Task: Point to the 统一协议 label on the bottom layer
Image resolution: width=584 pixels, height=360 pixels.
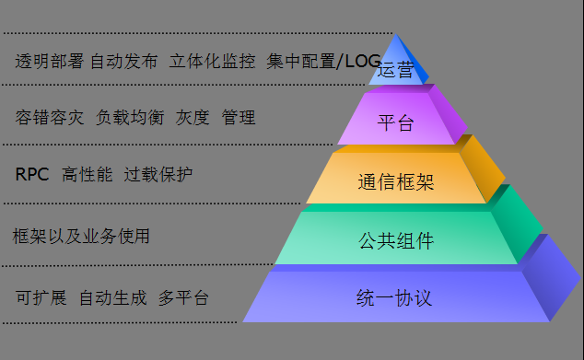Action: pyautogui.click(x=394, y=297)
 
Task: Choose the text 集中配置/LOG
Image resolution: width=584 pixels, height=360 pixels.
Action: pyautogui.click(x=323, y=62)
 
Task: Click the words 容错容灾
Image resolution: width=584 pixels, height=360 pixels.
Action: pyautogui.click(x=50, y=118)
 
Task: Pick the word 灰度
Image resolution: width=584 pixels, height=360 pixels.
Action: pyautogui.click(x=193, y=118)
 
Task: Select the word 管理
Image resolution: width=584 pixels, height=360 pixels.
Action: pyautogui.click(x=239, y=118)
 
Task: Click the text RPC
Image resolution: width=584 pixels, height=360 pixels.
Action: pyautogui.click(x=32, y=174)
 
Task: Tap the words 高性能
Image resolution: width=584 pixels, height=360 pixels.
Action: pyautogui.click(x=87, y=174)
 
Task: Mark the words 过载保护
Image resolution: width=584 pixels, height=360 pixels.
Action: pyautogui.click(x=158, y=174)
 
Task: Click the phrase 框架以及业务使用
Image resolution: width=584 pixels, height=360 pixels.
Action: pyautogui.click(x=81, y=236)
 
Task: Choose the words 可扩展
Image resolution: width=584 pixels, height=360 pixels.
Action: pyautogui.click(x=41, y=298)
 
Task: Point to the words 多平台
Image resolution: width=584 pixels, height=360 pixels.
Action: pyautogui.click(x=183, y=298)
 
